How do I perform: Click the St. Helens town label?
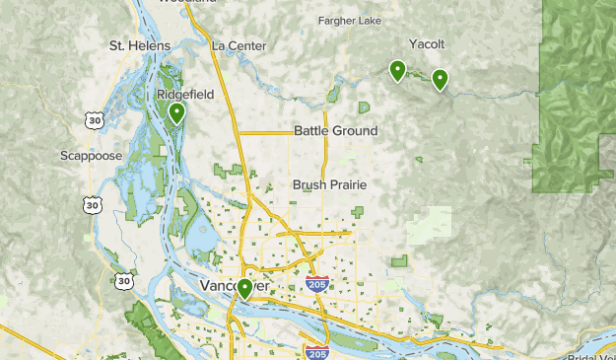pyautogui.click(x=140, y=45)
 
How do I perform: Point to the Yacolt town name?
pyautogui.click(x=427, y=44)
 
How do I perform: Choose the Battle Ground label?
pyautogui.click(x=335, y=131)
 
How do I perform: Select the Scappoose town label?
pyautogui.click(x=92, y=156)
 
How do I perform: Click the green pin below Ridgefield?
pyautogui.click(x=177, y=113)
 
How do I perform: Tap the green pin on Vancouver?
pyautogui.click(x=244, y=288)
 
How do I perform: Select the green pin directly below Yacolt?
pyautogui.click(x=440, y=79)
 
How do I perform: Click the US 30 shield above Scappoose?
pyautogui.click(x=93, y=120)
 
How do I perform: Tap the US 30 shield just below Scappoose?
pyautogui.click(x=92, y=204)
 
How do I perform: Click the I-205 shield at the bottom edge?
pyautogui.click(x=315, y=353)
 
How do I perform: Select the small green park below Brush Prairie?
pyautogui.click(x=356, y=211)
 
